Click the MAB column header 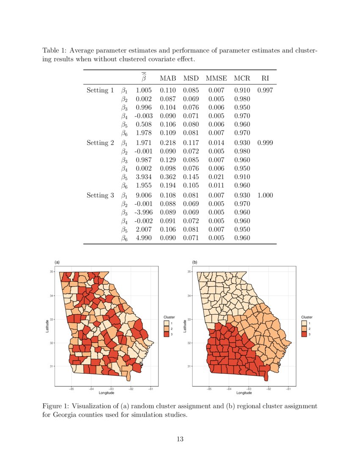[x=168, y=78]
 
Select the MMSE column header [x=216, y=78]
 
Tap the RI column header [x=265, y=78]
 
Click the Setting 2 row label [x=100, y=143]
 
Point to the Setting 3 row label [x=100, y=195]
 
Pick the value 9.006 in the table [x=144, y=195]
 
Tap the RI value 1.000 [x=265, y=195]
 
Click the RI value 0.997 [x=265, y=90]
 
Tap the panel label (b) [x=195, y=263]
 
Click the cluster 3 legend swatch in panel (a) [x=166, y=335]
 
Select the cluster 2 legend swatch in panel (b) [x=304, y=329]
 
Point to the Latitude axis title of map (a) [x=47, y=326]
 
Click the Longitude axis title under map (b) [x=244, y=393]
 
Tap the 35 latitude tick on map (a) [x=52, y=272]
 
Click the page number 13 [x=180, y=439]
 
